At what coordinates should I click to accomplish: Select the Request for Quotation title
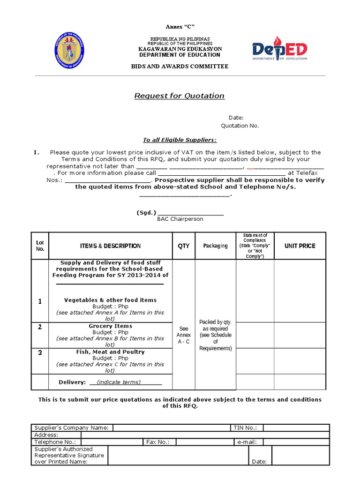pos(180,96)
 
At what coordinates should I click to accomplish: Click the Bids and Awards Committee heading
pos(180,67)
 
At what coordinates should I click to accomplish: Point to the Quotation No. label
pos(240,126)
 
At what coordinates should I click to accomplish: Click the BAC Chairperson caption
pos(180,219)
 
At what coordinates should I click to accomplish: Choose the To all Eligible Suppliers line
pos(180,140)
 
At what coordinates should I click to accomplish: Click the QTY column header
pos(183,246)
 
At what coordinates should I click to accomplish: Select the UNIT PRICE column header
pos(300,246)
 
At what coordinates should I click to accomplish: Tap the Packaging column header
pos(215,246)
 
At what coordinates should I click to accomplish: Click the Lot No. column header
pos(40,246)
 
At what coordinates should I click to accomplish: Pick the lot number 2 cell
pos(40,327)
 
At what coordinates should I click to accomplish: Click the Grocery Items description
pos(110,326)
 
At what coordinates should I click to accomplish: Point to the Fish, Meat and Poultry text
pos(110,352)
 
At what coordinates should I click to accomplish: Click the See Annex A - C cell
pos(183,335)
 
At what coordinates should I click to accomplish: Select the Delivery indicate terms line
pos(110,382)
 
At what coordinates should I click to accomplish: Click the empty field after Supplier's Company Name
pos(171,427)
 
